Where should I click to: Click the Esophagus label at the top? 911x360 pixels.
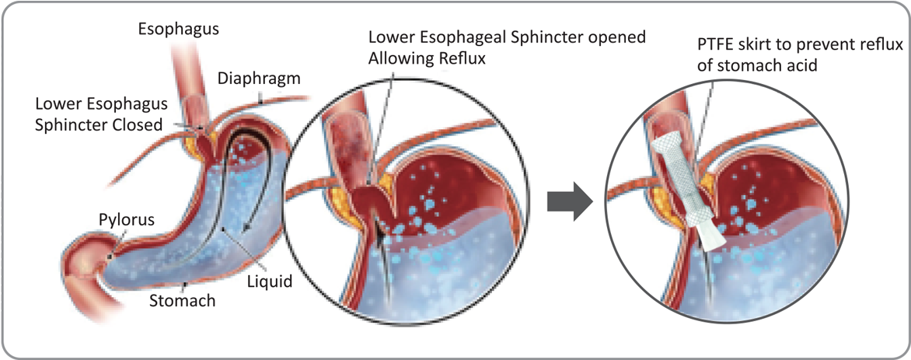click(178, 30)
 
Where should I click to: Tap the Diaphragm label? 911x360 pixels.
click(259, 79)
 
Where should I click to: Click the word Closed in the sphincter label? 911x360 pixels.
click(139, 125)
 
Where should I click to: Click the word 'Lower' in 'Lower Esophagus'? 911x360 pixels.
click(59, 104)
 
